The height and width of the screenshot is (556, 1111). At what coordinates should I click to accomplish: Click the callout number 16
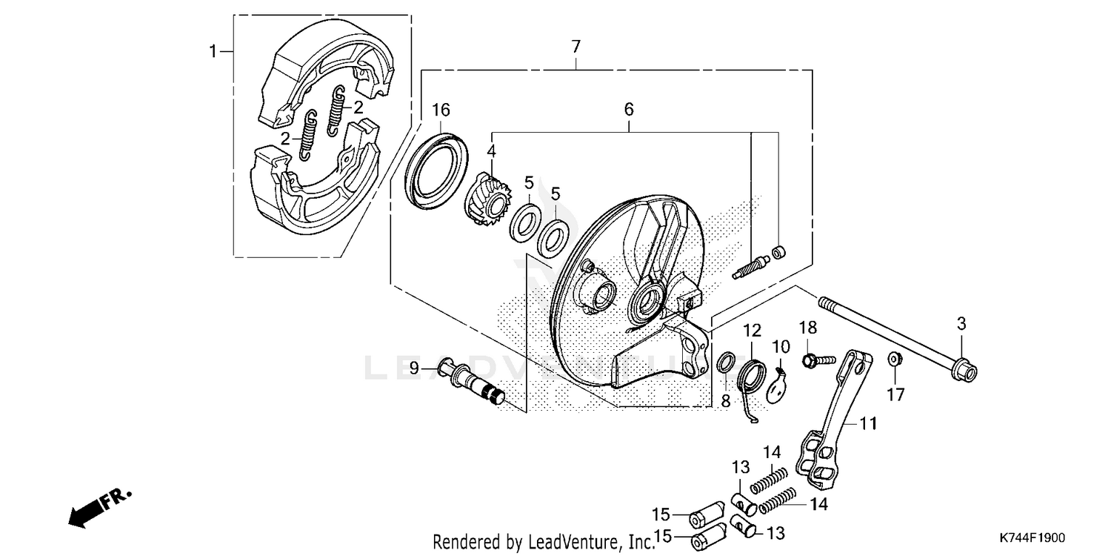tap(441, 110)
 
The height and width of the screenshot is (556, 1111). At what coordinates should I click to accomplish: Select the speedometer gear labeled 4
tap(487, 198)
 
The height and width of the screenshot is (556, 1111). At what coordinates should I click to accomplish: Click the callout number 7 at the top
tap(575, 46)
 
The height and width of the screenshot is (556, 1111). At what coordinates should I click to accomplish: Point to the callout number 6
tap(628, 110)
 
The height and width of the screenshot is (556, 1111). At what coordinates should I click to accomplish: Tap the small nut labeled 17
tap(894, 360)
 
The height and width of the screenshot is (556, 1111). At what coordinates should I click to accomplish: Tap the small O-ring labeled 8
tap(728, 363)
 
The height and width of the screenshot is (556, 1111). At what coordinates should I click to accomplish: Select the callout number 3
tap(961, 323)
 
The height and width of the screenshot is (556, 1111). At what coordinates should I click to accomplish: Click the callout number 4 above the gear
tap(491, 150)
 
